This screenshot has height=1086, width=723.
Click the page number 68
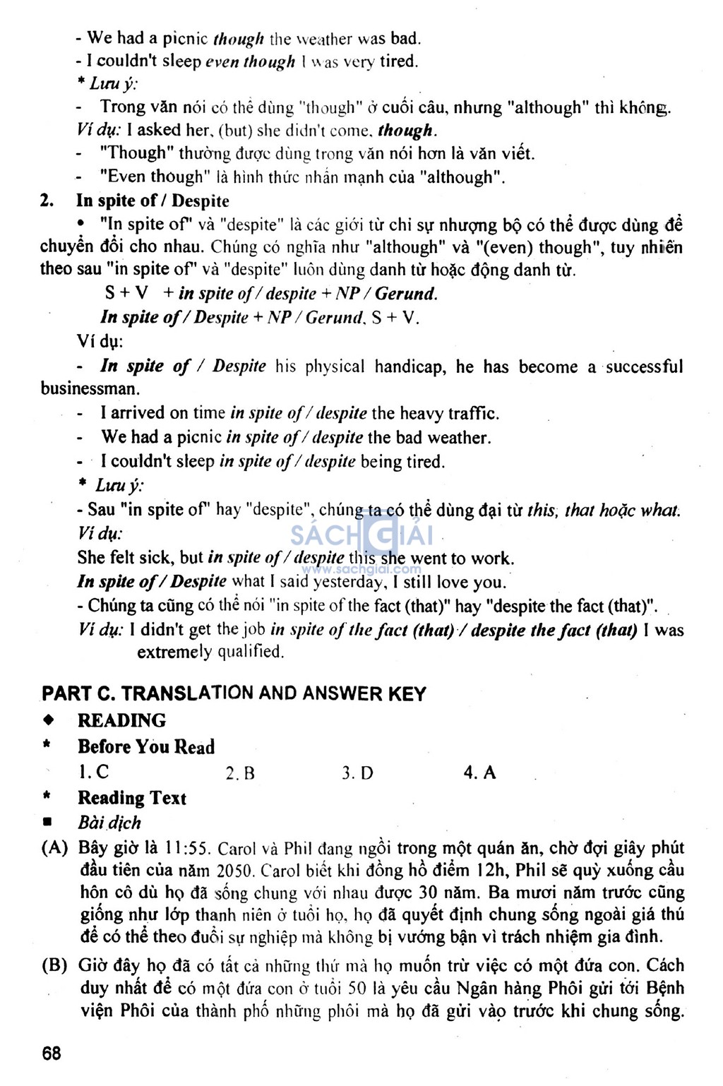(52, 1054)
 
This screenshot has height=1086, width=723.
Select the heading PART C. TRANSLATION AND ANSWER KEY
(234, 693)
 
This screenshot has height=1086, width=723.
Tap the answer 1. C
(93, 772)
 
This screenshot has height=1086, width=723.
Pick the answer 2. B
(240, 773)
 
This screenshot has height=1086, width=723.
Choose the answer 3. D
(357, 773)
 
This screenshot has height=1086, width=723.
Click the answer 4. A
(479, 772)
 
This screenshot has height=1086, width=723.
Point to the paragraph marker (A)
(55, 848)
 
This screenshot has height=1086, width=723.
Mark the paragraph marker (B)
(55, 965)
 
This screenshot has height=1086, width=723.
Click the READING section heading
(121, 720)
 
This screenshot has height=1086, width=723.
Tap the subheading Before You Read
(145, 746)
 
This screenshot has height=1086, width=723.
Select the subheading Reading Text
(131, 798)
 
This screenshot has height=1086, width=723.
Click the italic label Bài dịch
(109, 823)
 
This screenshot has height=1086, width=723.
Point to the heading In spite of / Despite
(153, 201)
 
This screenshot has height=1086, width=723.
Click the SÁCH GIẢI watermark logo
(361, 537)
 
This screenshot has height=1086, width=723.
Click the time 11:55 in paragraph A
(187, 848)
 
